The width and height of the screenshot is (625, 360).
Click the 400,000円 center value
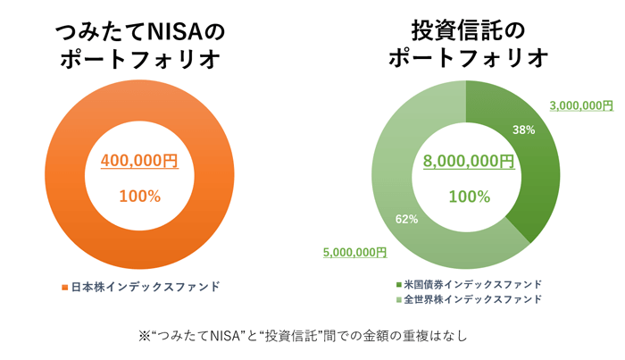click(x=139, y=161)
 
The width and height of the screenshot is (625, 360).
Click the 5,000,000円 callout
click(x=354, y=253)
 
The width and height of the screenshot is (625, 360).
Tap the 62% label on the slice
click(x=407, y=219)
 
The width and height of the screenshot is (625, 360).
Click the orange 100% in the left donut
click(x=139, y=196)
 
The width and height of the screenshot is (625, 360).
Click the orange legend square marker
click(x=64, y=288)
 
